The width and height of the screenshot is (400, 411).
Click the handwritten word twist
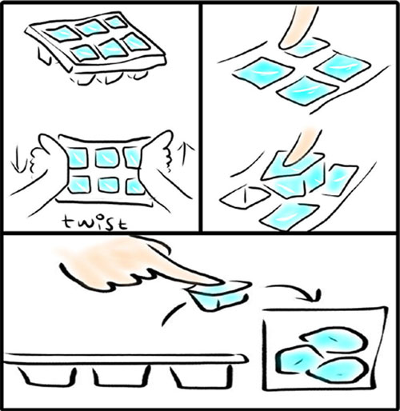(x=94, y=223)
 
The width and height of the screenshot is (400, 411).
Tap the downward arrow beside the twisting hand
(x=17, y=159)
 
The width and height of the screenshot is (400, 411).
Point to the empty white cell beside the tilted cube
(x=245, y=198)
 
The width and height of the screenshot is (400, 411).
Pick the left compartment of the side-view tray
(x=47, y=377)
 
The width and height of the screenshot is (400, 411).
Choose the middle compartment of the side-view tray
(x=122, y=377)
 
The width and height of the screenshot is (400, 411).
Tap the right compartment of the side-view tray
(x=201, y=377)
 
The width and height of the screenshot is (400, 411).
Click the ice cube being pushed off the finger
(x=219, y=295)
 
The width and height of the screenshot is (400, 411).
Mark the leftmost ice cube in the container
(x=297, y=359)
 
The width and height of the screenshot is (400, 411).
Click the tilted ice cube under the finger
(x=294, y=175)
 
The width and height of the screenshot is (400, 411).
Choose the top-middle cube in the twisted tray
(x=106, y=158)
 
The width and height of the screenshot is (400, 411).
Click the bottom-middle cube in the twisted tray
(x=108, y=185)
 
